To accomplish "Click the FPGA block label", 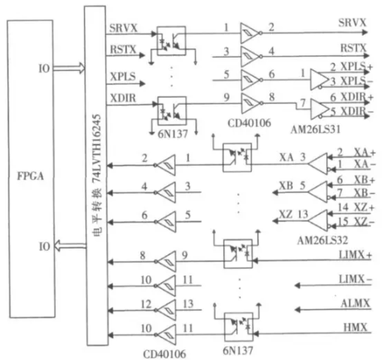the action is [x=30, y=176].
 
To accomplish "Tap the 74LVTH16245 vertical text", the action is [x=97, y=148].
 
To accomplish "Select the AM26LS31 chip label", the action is [x=316, y=129].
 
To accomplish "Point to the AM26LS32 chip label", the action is [x=323, y=240].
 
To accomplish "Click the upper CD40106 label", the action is [x=250, y=123].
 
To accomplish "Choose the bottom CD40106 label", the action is [x=164, y=354].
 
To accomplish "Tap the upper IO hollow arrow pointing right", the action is [x=69, y=68].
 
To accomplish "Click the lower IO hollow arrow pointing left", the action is [x=70, y=245].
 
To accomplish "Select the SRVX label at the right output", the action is [x=352, y=23].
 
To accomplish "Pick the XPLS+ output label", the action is [x=357, y=67].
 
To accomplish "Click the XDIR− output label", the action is [x=357, y=112].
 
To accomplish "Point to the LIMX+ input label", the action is [x=355, y=255].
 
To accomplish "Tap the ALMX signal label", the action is [x=355, y=304].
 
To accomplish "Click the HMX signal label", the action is [x=356, y=328].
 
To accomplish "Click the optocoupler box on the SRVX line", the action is [x=171, y=41].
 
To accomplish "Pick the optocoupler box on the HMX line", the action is [x=239, y=327].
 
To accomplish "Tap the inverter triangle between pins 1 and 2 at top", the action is [x=249, y=33].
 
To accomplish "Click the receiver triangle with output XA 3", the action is [x=318, y=164].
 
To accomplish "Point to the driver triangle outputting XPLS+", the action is [x=319, y=79].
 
